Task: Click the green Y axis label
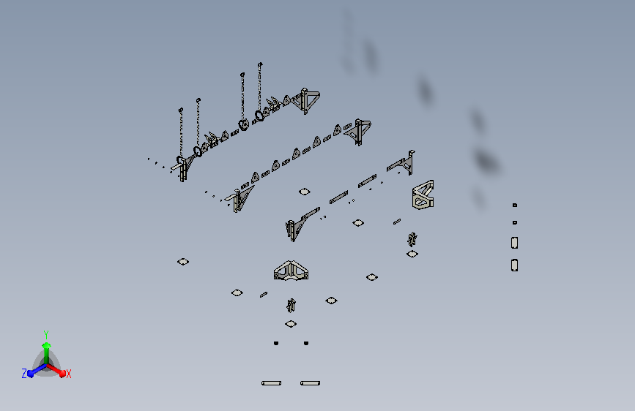pyautogui.click(x=46, y=335)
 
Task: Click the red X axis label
pyautogui.click(x=68, y=374)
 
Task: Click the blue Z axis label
pyautogui.click(x=24, y=374)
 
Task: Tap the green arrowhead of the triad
pyautogui.click(x=46, y=346)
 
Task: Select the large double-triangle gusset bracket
pyautogui.click(x=291, y=271)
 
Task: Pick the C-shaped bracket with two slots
pyautogui.click(x=423, y=195)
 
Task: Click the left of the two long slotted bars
pyautogui.click(x=271, y=383)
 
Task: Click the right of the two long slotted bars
pyautogui.click(x=311, y=383)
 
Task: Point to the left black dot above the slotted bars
pyautogui.click(x=276, y=343)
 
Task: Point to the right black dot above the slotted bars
pyautogui.click(x=306, y=343)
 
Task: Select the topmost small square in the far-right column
pyautogui.click(x=515, y=205)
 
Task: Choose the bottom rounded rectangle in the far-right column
pyautogui.click(x=514, y=265)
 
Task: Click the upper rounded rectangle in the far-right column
pyautogui.click(x=514, y=243)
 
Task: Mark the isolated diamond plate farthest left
pyautogui.click(x=183, y=262)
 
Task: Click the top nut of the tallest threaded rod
pyautogui.click(x=260, y=64)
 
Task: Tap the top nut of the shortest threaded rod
pyautogui.click(x=181, y=110)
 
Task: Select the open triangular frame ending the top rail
pyautogui.click(x=310, y=100)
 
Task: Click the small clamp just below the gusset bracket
pyautogui.click(x=291, y=306)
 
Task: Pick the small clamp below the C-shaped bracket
pyautogui.click(x=412, y=239)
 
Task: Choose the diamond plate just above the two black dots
pyautogui.click(x=291, y=324)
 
